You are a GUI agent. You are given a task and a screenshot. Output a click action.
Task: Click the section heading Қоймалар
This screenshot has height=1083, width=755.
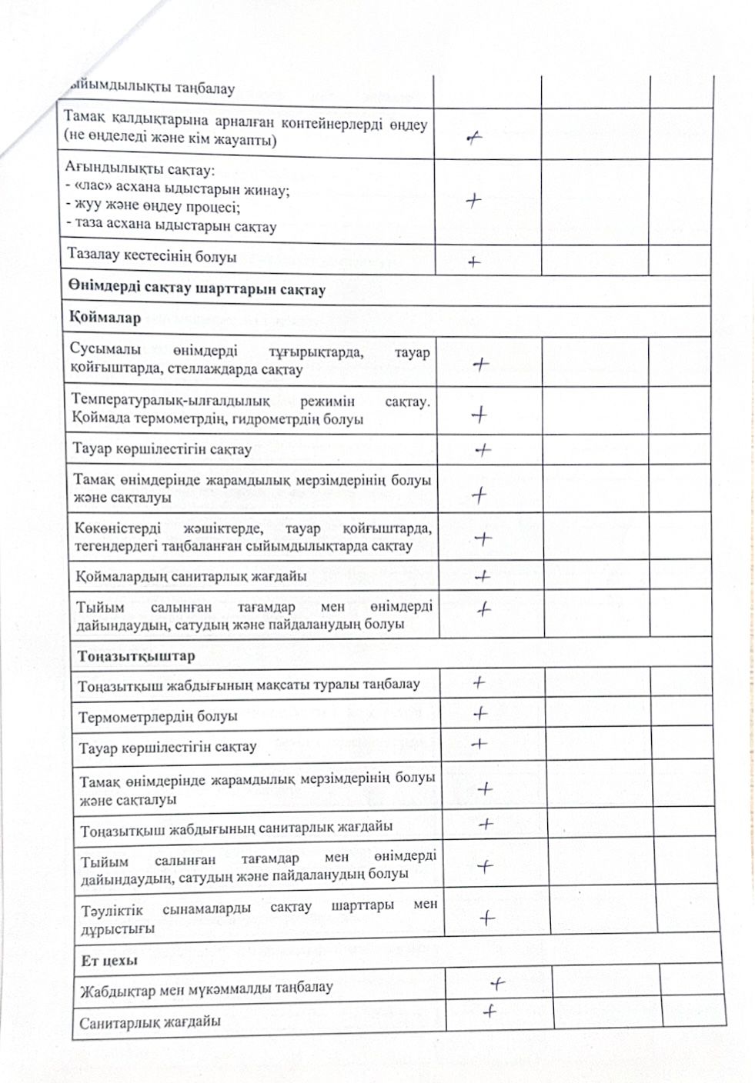click(x=105, y=318)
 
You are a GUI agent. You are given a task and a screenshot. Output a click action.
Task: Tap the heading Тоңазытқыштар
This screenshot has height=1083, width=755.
click(x=135, y=656)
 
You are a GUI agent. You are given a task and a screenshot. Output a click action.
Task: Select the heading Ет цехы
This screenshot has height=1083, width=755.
click(x=109, y=960)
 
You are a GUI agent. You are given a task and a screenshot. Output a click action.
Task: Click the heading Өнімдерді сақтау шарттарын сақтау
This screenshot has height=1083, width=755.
click(x=196, y=289)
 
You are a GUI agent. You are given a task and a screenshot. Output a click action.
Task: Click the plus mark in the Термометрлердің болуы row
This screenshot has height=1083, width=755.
click(x=480, y=713)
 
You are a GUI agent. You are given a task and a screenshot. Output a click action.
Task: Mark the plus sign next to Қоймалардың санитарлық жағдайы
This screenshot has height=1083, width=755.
click(x=483, y=575)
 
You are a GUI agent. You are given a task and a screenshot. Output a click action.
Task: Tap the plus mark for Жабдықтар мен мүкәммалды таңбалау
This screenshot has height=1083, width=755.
click(x=497, y=983)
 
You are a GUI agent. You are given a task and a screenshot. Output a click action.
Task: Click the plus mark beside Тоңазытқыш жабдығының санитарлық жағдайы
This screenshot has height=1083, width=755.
click(x=486, y=824)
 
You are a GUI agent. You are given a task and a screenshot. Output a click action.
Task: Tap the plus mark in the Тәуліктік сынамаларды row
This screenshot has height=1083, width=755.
click(x=486, y=917)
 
